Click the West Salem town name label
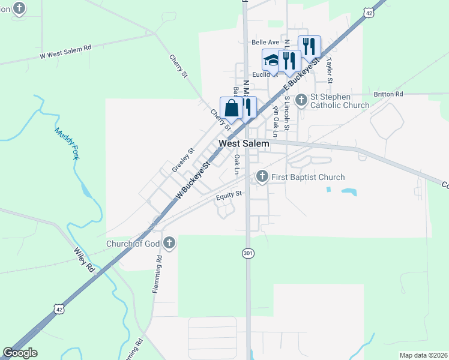pos(244,143)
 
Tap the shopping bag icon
pos(231,109)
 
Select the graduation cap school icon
pos(271,61)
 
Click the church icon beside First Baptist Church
pos(262,176)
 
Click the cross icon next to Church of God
pos(169,243)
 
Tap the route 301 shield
pos(248,254)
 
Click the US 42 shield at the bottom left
pos(58,309)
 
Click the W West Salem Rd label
pos(65,52)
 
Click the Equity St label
pos(229,194)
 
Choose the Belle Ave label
pos(265,42)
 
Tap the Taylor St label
pos(329,70)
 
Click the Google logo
pos(20,353)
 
